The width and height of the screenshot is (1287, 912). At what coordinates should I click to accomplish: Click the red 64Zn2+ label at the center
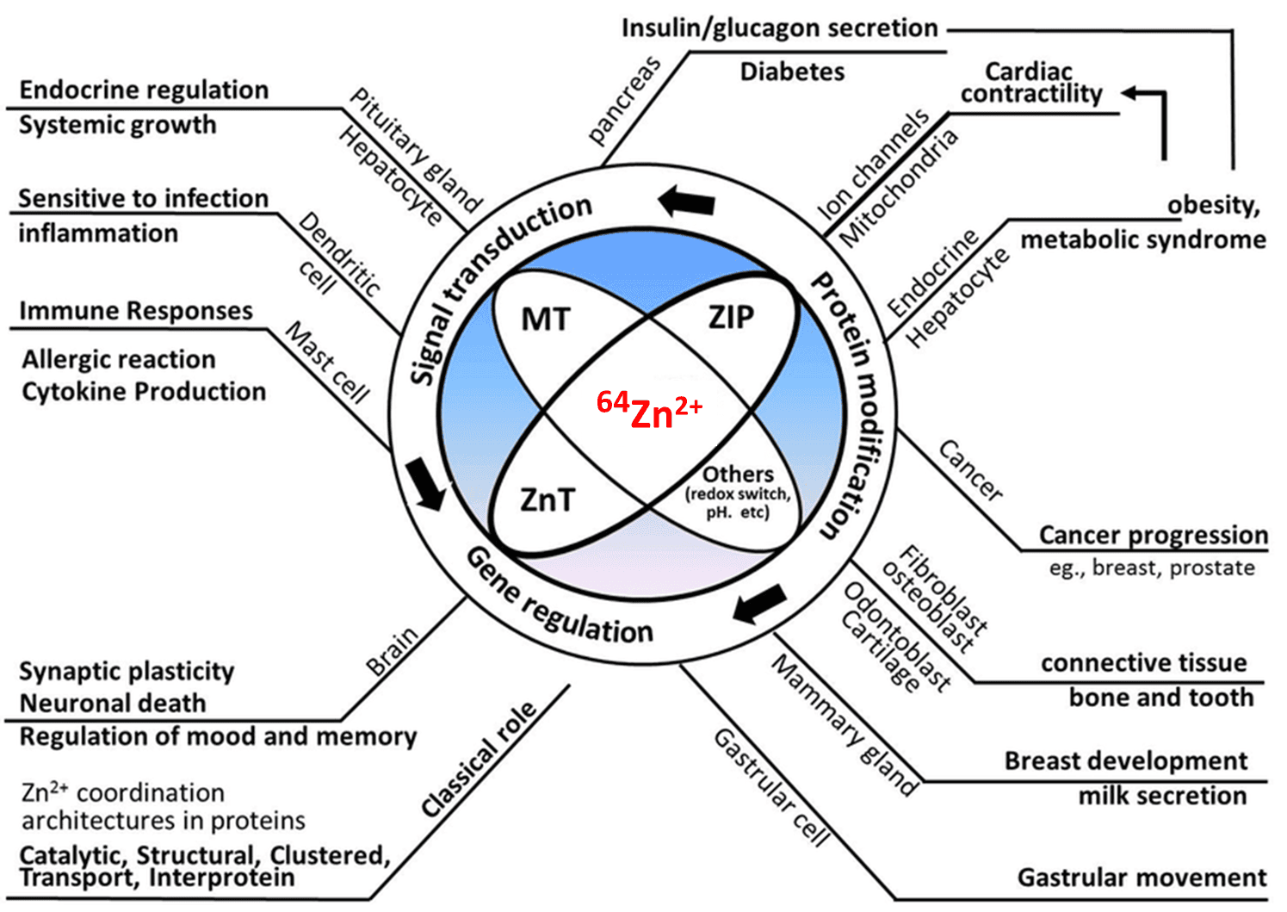(650, 409)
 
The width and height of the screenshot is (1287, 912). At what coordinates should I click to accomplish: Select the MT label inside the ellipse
(546, 320)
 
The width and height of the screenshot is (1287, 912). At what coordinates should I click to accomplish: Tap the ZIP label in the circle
(731, 318)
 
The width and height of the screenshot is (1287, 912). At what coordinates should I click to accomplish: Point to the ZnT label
(547, 500)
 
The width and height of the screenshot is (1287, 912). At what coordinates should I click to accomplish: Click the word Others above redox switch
(738, 475)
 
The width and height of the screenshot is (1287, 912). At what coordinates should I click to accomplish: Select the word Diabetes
(792, 71)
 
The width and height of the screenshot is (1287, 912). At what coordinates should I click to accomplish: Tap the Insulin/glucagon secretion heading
(779, 28)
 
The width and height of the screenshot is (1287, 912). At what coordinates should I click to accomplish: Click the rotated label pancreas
(624, 99)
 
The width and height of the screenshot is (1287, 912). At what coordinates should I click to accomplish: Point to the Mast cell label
(328, 363)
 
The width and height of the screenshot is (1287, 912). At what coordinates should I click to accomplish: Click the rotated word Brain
(392, 651)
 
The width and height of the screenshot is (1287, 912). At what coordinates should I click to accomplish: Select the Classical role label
(479, 759)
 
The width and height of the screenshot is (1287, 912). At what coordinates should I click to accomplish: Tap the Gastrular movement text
(1142, 878)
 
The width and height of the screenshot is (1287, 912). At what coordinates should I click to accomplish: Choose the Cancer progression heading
(1153, 535)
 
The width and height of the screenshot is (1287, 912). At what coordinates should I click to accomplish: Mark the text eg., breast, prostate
(1152, 568)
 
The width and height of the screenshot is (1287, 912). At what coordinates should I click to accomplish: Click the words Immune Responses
(136, 311)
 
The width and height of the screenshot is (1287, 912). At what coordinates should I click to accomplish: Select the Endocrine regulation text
(144, 90)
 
